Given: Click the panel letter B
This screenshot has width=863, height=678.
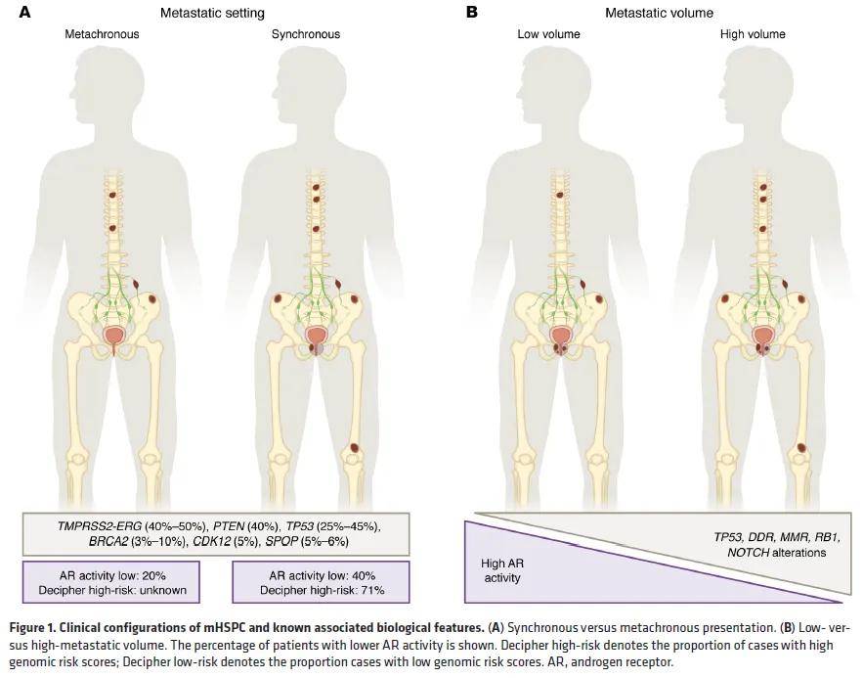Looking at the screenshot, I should coord(472,12).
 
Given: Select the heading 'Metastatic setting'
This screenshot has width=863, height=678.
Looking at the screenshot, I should coord(212,13).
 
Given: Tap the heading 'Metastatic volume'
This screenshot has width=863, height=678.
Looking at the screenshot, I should coord(659,13).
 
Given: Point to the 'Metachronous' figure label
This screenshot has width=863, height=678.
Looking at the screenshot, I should coord(102,34).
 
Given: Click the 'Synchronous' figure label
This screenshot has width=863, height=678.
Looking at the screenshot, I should coord(306,34).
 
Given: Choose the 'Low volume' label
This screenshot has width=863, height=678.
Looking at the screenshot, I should coord(548,34).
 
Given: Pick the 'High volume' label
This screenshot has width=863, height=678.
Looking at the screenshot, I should coord(753,34).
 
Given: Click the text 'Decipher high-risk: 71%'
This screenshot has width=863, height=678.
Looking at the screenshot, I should coord(318,590).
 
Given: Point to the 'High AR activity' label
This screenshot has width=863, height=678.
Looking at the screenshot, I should coord(501,570).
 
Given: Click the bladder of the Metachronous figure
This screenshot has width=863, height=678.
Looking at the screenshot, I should coord(115,337).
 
